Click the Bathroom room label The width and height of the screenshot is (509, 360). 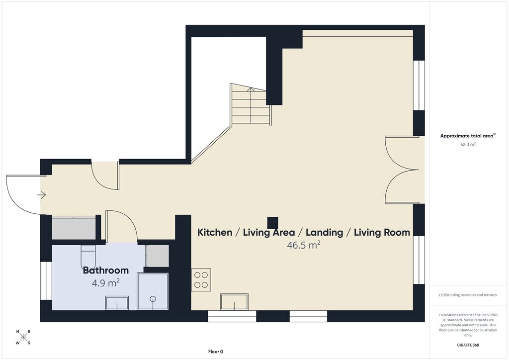[106, 270]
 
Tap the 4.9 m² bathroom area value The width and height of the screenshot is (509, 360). [106, 283]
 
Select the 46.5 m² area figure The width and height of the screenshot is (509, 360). [304, 245]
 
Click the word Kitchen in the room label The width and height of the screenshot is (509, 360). [215, 232]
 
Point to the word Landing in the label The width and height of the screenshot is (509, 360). [324, 232]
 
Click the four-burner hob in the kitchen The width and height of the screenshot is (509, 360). [201, 280]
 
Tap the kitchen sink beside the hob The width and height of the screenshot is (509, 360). [235, 302]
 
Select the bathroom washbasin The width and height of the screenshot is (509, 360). [117, 303]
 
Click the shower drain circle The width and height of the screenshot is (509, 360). [153, 299]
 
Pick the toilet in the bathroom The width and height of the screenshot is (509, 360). [87, 256]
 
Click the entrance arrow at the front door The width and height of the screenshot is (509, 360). [42, 195]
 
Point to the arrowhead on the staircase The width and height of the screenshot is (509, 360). [251, 89]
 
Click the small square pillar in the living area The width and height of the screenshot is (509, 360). [273, 223]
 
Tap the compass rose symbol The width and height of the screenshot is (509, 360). [23, 337]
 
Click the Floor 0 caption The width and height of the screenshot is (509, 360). [216, 352]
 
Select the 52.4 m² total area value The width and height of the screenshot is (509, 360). [468, 145]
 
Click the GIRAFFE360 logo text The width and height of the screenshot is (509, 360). [468, 345]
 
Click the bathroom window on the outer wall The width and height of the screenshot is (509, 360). [46, 281]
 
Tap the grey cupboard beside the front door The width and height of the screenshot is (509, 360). [74, 229]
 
